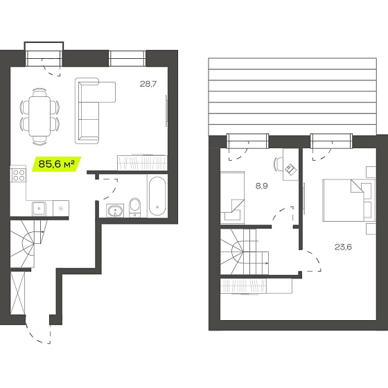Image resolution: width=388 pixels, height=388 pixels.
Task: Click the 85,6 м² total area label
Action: point(57,164)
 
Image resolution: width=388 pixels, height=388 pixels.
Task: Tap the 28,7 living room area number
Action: point(148,84)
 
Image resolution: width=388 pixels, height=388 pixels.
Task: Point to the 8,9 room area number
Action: point(262,186)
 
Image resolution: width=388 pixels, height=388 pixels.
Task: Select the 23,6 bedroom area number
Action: point(343,247)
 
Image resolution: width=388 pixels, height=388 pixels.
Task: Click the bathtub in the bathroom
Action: point(157,196)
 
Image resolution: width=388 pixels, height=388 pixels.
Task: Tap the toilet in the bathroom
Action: point(135,207)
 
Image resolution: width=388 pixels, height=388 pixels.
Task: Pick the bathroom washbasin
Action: point(115,211)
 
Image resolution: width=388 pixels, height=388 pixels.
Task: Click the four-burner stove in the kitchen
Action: point(19,175)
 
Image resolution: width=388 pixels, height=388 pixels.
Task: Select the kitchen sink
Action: point(39,208)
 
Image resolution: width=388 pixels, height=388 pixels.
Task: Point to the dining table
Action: point(39,116)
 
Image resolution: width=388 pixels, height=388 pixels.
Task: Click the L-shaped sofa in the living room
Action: point(95,110)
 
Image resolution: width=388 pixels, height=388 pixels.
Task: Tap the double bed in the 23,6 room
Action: point(349,200)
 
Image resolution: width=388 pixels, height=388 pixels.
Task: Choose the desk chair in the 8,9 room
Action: point(278,164)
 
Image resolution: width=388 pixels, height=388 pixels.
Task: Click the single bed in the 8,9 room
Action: point(232,197)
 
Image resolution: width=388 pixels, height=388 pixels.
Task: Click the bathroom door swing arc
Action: point(107,189)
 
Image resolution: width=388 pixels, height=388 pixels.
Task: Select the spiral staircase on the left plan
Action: point(28,244)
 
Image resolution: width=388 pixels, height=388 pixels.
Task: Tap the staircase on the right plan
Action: point(245,252)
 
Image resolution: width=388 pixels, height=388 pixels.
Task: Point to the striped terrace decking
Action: point(292,96)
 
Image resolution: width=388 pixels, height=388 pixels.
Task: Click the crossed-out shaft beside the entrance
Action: point(18,293)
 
